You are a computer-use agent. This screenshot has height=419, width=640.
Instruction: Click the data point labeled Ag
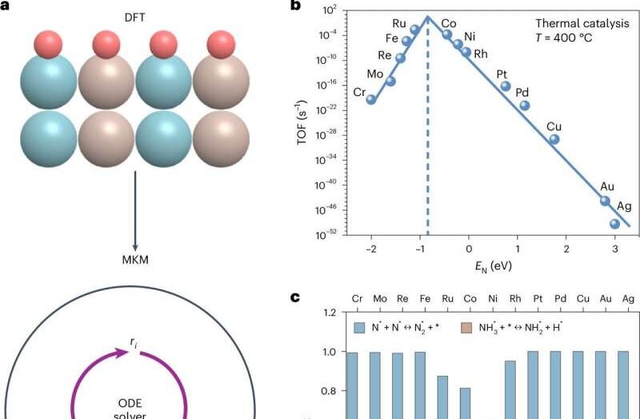[x=614, y=224]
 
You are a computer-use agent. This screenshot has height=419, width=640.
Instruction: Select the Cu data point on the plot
[x=554, y=139]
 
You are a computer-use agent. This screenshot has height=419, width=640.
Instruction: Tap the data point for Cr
[x=371, y=99]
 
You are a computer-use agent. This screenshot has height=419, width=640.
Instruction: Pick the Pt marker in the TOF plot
[x=506, y=86]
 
